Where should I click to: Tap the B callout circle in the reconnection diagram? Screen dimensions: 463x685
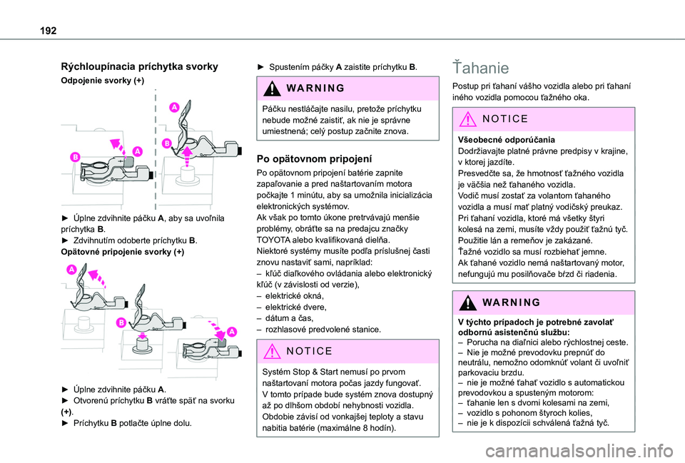point(122,323)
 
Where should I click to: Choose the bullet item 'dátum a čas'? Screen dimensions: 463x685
point(285,318)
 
